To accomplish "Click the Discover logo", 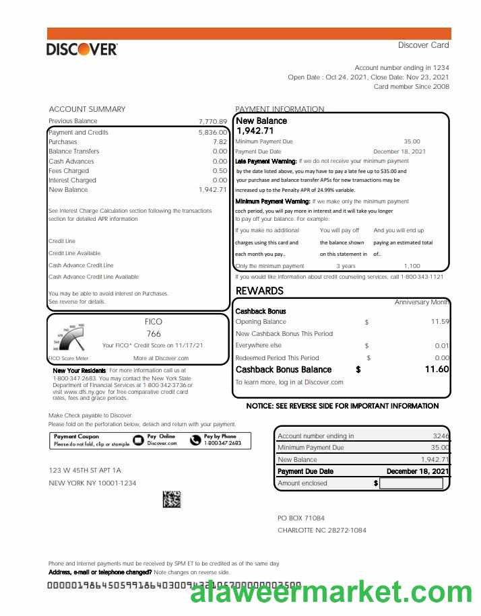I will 82,49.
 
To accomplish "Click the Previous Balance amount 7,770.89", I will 213,122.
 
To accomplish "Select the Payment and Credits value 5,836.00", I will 213,133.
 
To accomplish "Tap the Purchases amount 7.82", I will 220,142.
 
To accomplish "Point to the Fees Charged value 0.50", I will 220,171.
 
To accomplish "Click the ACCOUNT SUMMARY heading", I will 87,109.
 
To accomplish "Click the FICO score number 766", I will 154,334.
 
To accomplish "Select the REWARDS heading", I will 259,291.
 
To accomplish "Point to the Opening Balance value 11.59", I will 440,322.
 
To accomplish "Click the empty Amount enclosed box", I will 411,483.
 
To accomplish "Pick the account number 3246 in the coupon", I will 441,436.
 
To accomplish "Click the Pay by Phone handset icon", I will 195,440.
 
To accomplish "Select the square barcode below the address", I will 172,500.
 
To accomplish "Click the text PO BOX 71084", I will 301,518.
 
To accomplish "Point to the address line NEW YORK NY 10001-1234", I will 92,483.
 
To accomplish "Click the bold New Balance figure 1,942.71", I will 255,131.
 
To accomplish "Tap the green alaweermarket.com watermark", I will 331,592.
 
